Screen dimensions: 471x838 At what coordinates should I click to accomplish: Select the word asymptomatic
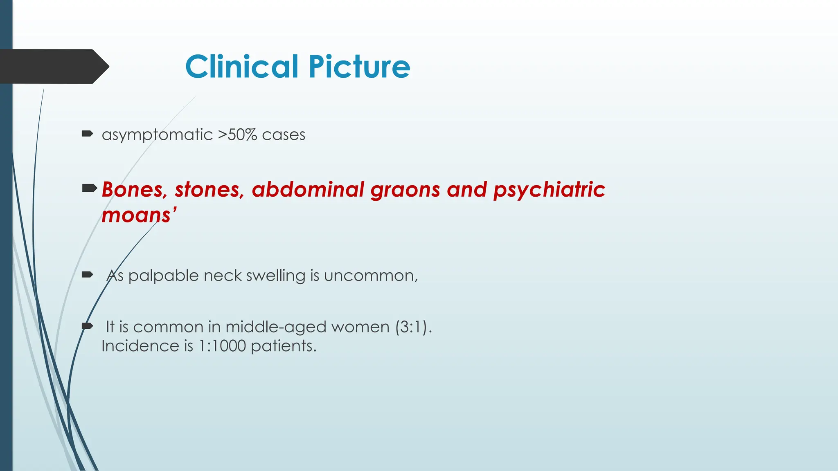(157, 135)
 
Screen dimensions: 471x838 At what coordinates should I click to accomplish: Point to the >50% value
(237, 135)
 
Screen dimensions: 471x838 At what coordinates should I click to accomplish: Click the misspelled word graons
(405, 191)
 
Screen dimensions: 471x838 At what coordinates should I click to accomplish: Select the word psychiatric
(549, 190)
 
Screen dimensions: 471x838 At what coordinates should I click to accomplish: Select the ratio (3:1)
(413, 327)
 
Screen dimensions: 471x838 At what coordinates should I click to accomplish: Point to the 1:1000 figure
(222, 346)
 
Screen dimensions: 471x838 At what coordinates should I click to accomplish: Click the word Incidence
(140, 346)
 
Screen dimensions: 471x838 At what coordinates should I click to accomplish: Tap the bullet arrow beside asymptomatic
(87, 133)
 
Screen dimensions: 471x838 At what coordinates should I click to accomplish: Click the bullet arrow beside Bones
(89, 188)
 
